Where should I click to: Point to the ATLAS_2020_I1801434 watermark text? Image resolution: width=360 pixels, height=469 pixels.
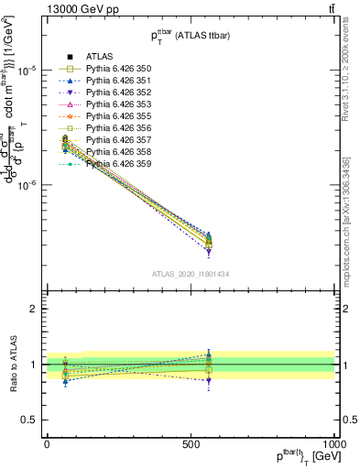tap(191, 274)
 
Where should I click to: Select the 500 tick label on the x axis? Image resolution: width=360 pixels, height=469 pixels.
tap(191, 442)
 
